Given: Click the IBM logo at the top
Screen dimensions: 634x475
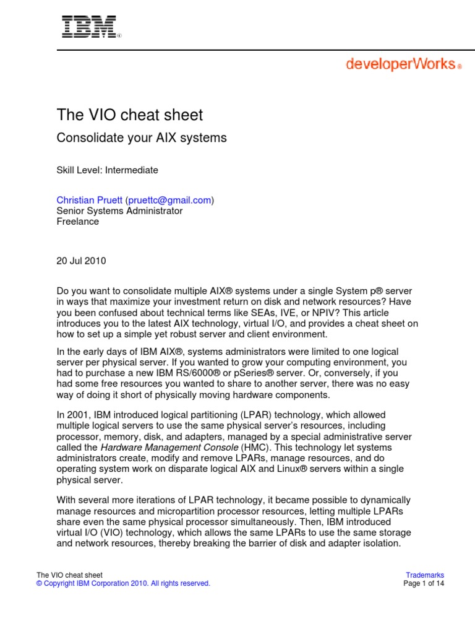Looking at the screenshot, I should [x=89, y=27].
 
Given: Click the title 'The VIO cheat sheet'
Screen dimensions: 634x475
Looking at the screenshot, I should [x=129, y=115].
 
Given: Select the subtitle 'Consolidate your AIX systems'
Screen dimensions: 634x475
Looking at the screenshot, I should [x=142, y=138].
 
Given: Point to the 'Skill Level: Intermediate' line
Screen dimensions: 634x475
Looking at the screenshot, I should [x=108, y=170].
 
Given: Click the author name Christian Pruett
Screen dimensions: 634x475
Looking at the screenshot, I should [x=90, y=200].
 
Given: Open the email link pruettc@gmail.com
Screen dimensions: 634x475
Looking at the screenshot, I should [x=170, y=200].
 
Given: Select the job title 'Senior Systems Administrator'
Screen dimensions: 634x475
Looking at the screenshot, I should [x=119, y=211].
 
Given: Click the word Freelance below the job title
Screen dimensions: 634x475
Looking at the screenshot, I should [x=78, y=221].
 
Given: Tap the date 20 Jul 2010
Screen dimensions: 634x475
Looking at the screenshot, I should [x=81, y=261].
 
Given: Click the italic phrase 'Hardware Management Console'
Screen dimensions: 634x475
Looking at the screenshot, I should [x=160, y=446].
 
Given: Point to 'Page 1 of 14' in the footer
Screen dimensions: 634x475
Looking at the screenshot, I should [x=424, y=583].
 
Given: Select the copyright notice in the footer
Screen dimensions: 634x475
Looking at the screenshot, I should [x=124, y=583].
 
